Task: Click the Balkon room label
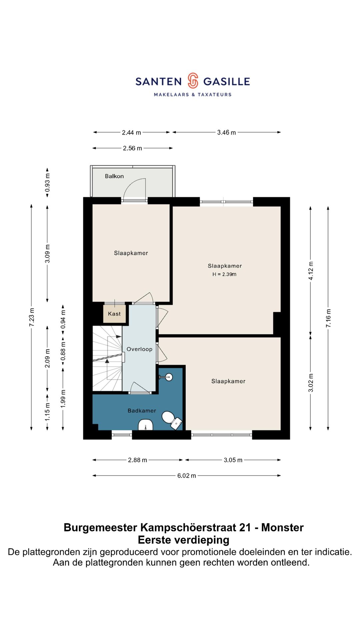point(114,176)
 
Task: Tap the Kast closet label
point(114,314)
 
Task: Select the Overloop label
point(139,349)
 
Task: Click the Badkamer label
point(142,411)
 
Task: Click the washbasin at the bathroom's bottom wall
point(145,425)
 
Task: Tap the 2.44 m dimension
point(131,133)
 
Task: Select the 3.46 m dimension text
point(227,133)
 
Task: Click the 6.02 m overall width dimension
point(187,476)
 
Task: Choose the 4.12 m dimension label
point(311,271)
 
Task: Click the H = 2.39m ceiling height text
point(224,274)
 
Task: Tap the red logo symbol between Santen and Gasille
point(193,81)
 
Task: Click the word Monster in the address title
point(282,528)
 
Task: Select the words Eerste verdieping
point(184,540)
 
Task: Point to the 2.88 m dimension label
point(137,460)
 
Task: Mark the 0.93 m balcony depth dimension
point(47,183)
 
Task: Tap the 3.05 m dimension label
point(233,460)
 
